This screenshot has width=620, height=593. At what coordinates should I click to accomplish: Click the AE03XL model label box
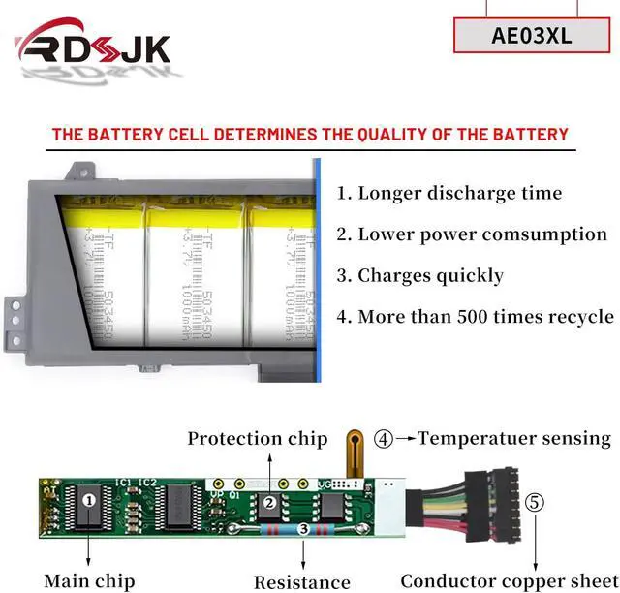tap(532, 36)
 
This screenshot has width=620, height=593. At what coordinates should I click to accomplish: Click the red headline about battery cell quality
tap(310, 134)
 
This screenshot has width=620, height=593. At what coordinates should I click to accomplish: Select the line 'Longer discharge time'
tap(449, 193)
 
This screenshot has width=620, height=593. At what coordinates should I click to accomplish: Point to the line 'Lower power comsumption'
tap(472, 234)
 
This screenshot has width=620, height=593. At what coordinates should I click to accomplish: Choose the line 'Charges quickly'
tap(420, 276)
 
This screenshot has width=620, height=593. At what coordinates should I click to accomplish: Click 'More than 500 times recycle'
tap(475, 317)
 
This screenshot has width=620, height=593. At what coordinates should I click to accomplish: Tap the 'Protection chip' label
tap(258, 439)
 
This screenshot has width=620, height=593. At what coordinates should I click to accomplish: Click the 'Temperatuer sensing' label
tap(514, 439)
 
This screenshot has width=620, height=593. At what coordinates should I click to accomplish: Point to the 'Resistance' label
tap(302, 582)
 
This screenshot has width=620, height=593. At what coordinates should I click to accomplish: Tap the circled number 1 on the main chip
tap(90, 501)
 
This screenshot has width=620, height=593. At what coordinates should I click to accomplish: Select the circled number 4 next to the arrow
tap(384, 439)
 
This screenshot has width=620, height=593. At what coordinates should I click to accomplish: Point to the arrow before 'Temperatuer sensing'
tap(405, 439)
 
